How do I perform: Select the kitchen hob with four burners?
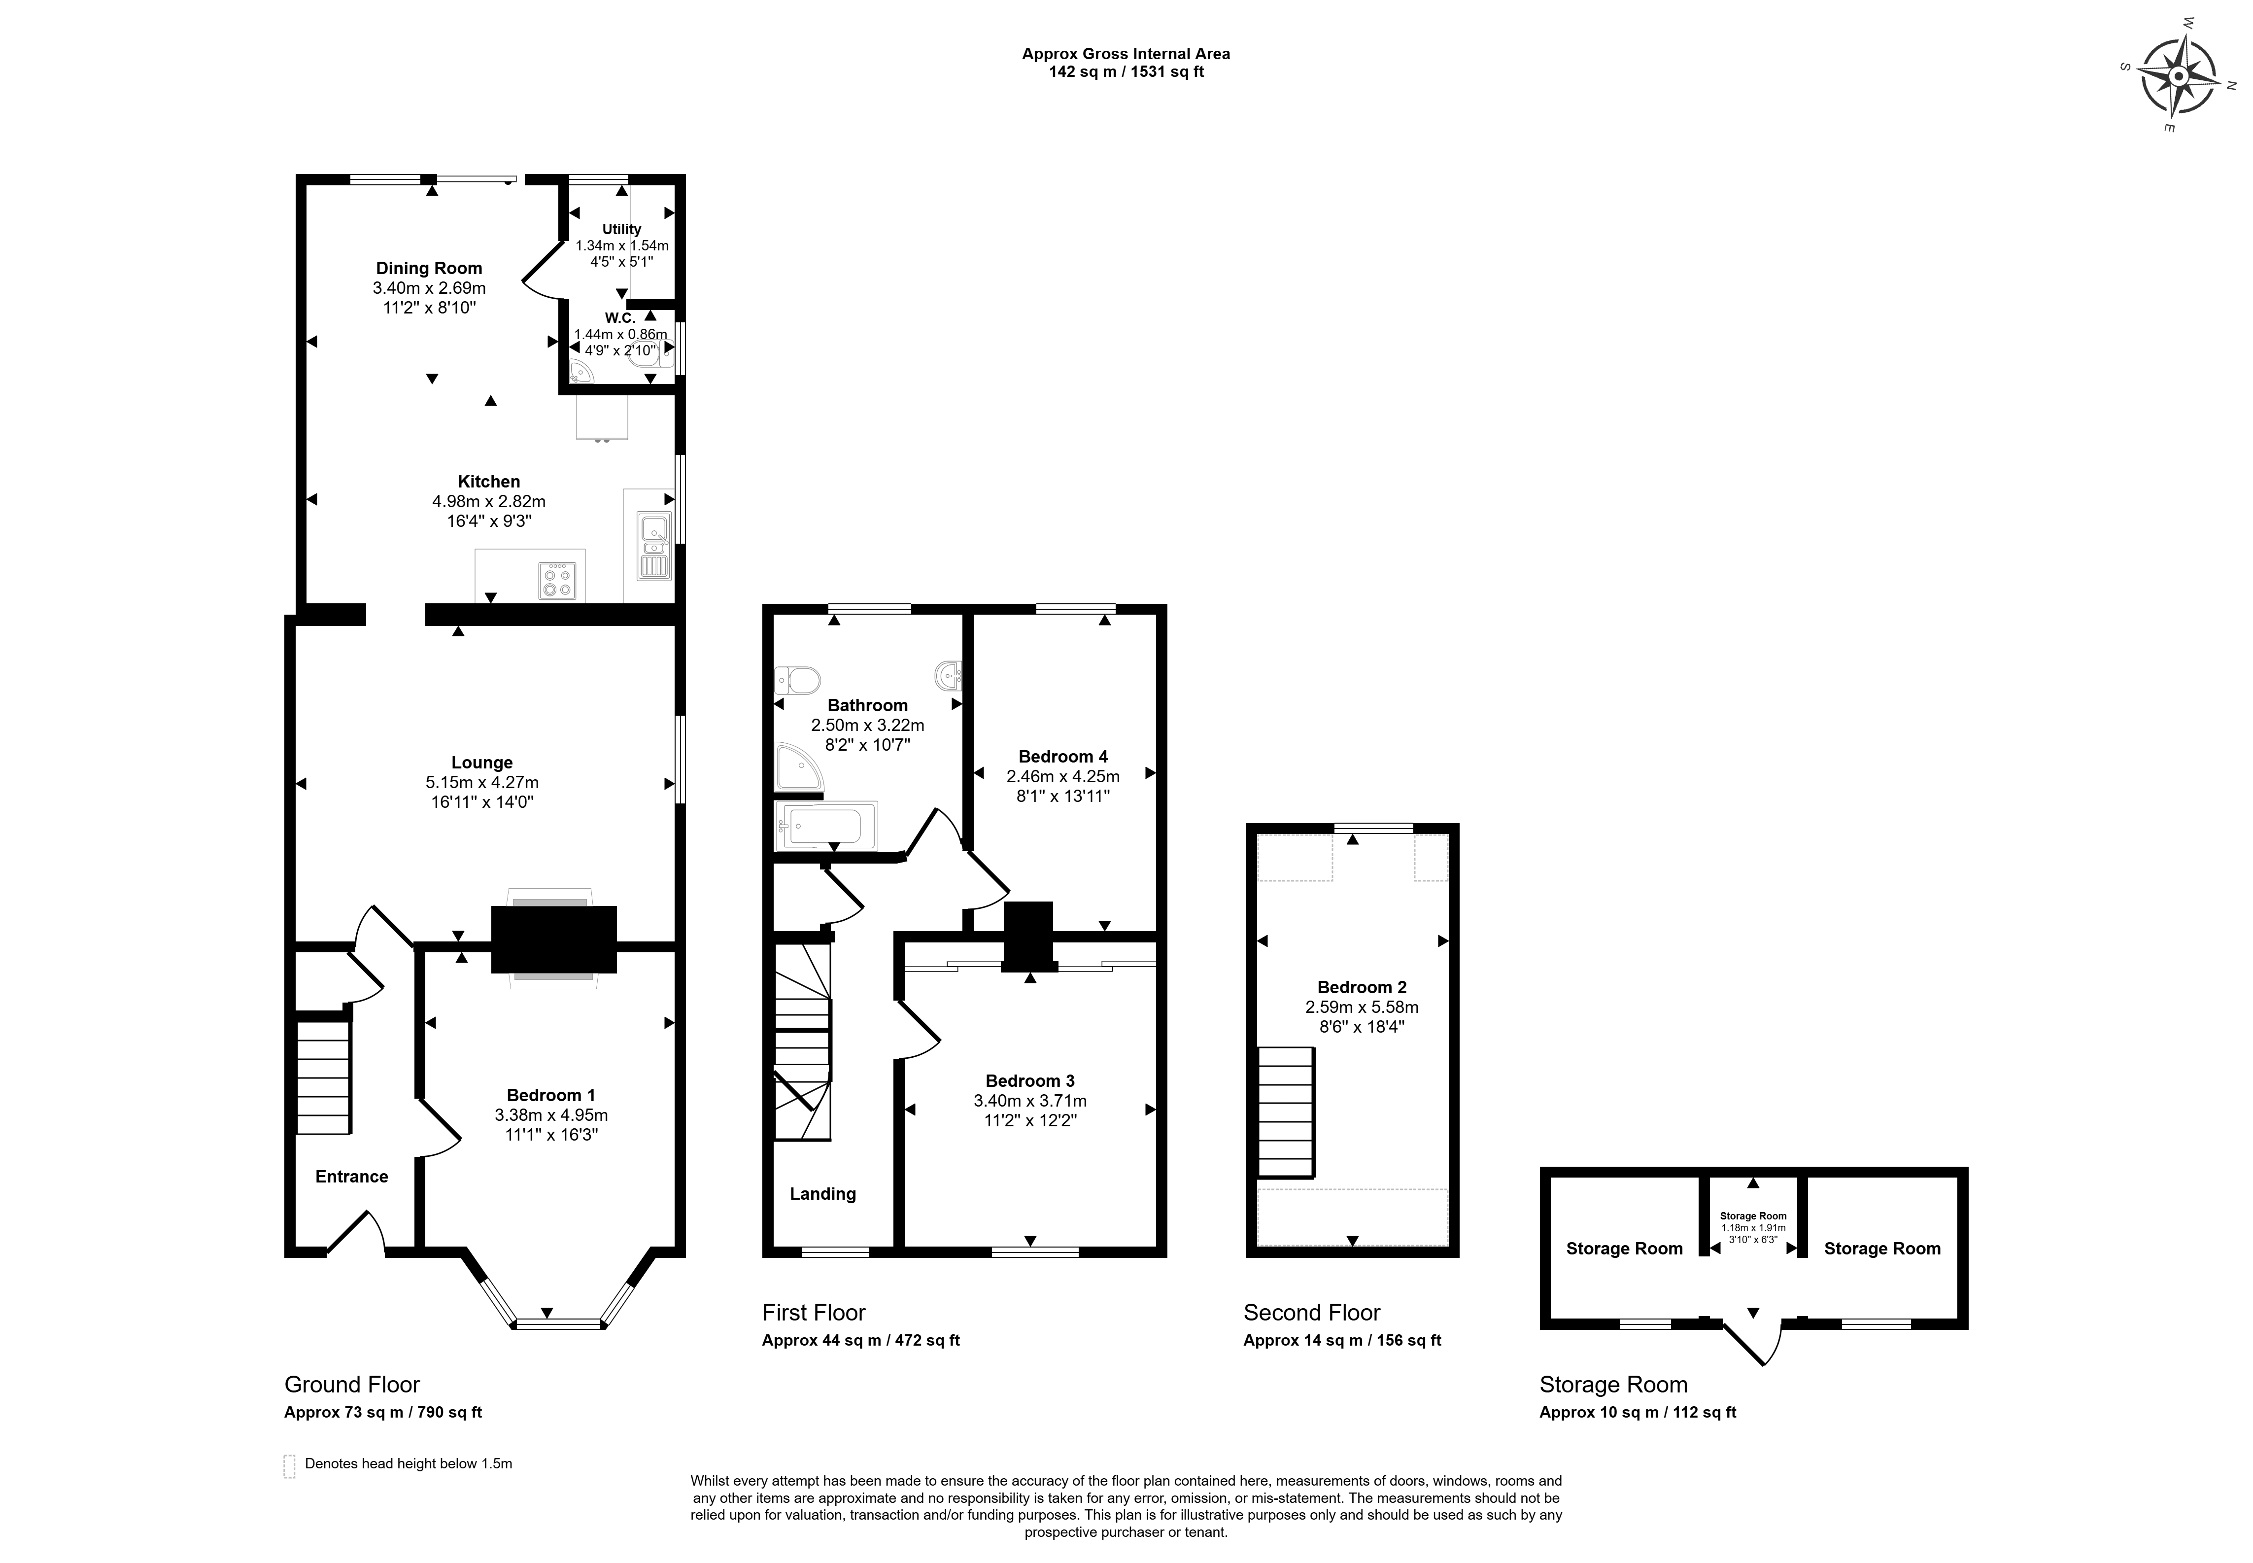pos(557,580)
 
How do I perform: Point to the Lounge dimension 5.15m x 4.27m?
pos(482,782)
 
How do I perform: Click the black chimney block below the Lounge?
pos(554,939)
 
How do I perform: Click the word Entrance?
pos(351,1176)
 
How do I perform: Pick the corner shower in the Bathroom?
pos(799,767)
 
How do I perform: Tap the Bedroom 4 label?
pos(1063,756)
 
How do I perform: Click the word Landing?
pos(822,1194)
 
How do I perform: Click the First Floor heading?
pos(814,1312)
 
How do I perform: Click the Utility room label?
pos(622,229)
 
